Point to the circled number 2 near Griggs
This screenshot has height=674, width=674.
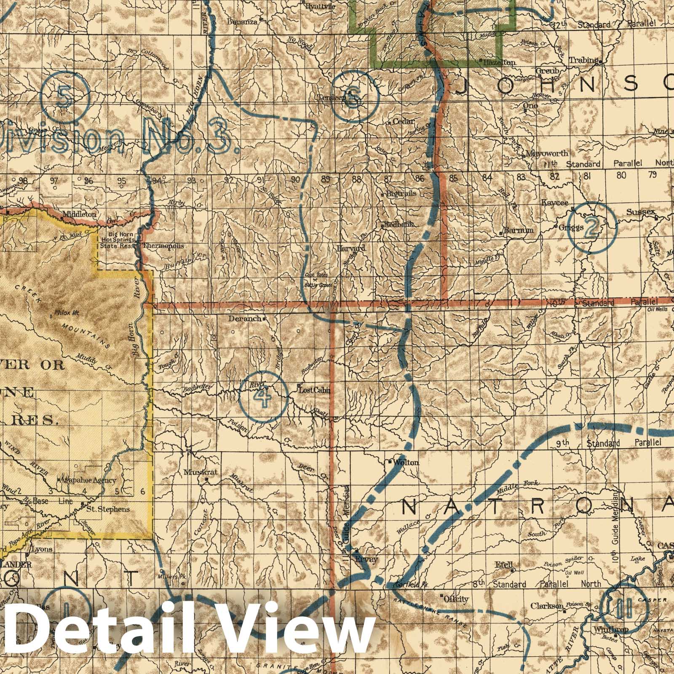pyautogui.click(x=591, y=227)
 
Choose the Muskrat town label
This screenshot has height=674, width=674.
pyautogui.click(x=201, y=472)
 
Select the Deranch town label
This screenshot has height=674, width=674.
pyautogui.click(x=245, y=319)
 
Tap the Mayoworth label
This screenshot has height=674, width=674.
pyautogui.click(x=547, y=153)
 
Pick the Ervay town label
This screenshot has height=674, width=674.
pyautogui.click(x=367, y=559)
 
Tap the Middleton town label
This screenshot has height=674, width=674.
pyautogui.click(x=79, y=214)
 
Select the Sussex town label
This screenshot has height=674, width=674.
pyautogui.click(x=640, y=212)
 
